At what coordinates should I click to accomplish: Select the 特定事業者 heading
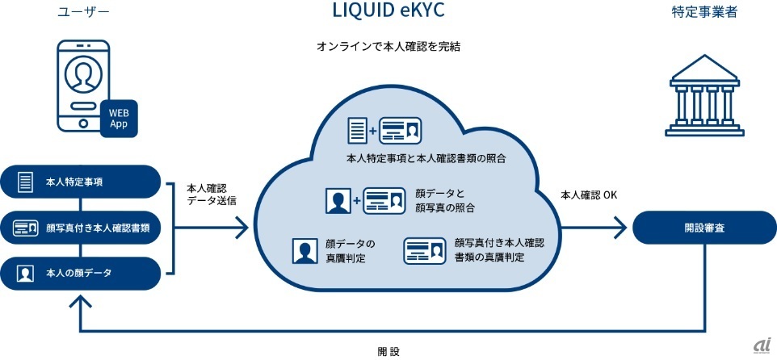click(697, 13)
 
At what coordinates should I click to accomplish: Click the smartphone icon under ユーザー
click(83, 86)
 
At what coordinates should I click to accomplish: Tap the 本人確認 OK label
click(589, 195)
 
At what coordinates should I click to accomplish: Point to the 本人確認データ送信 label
click(212, 193)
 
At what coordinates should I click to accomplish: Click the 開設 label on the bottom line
click(388, 351)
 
